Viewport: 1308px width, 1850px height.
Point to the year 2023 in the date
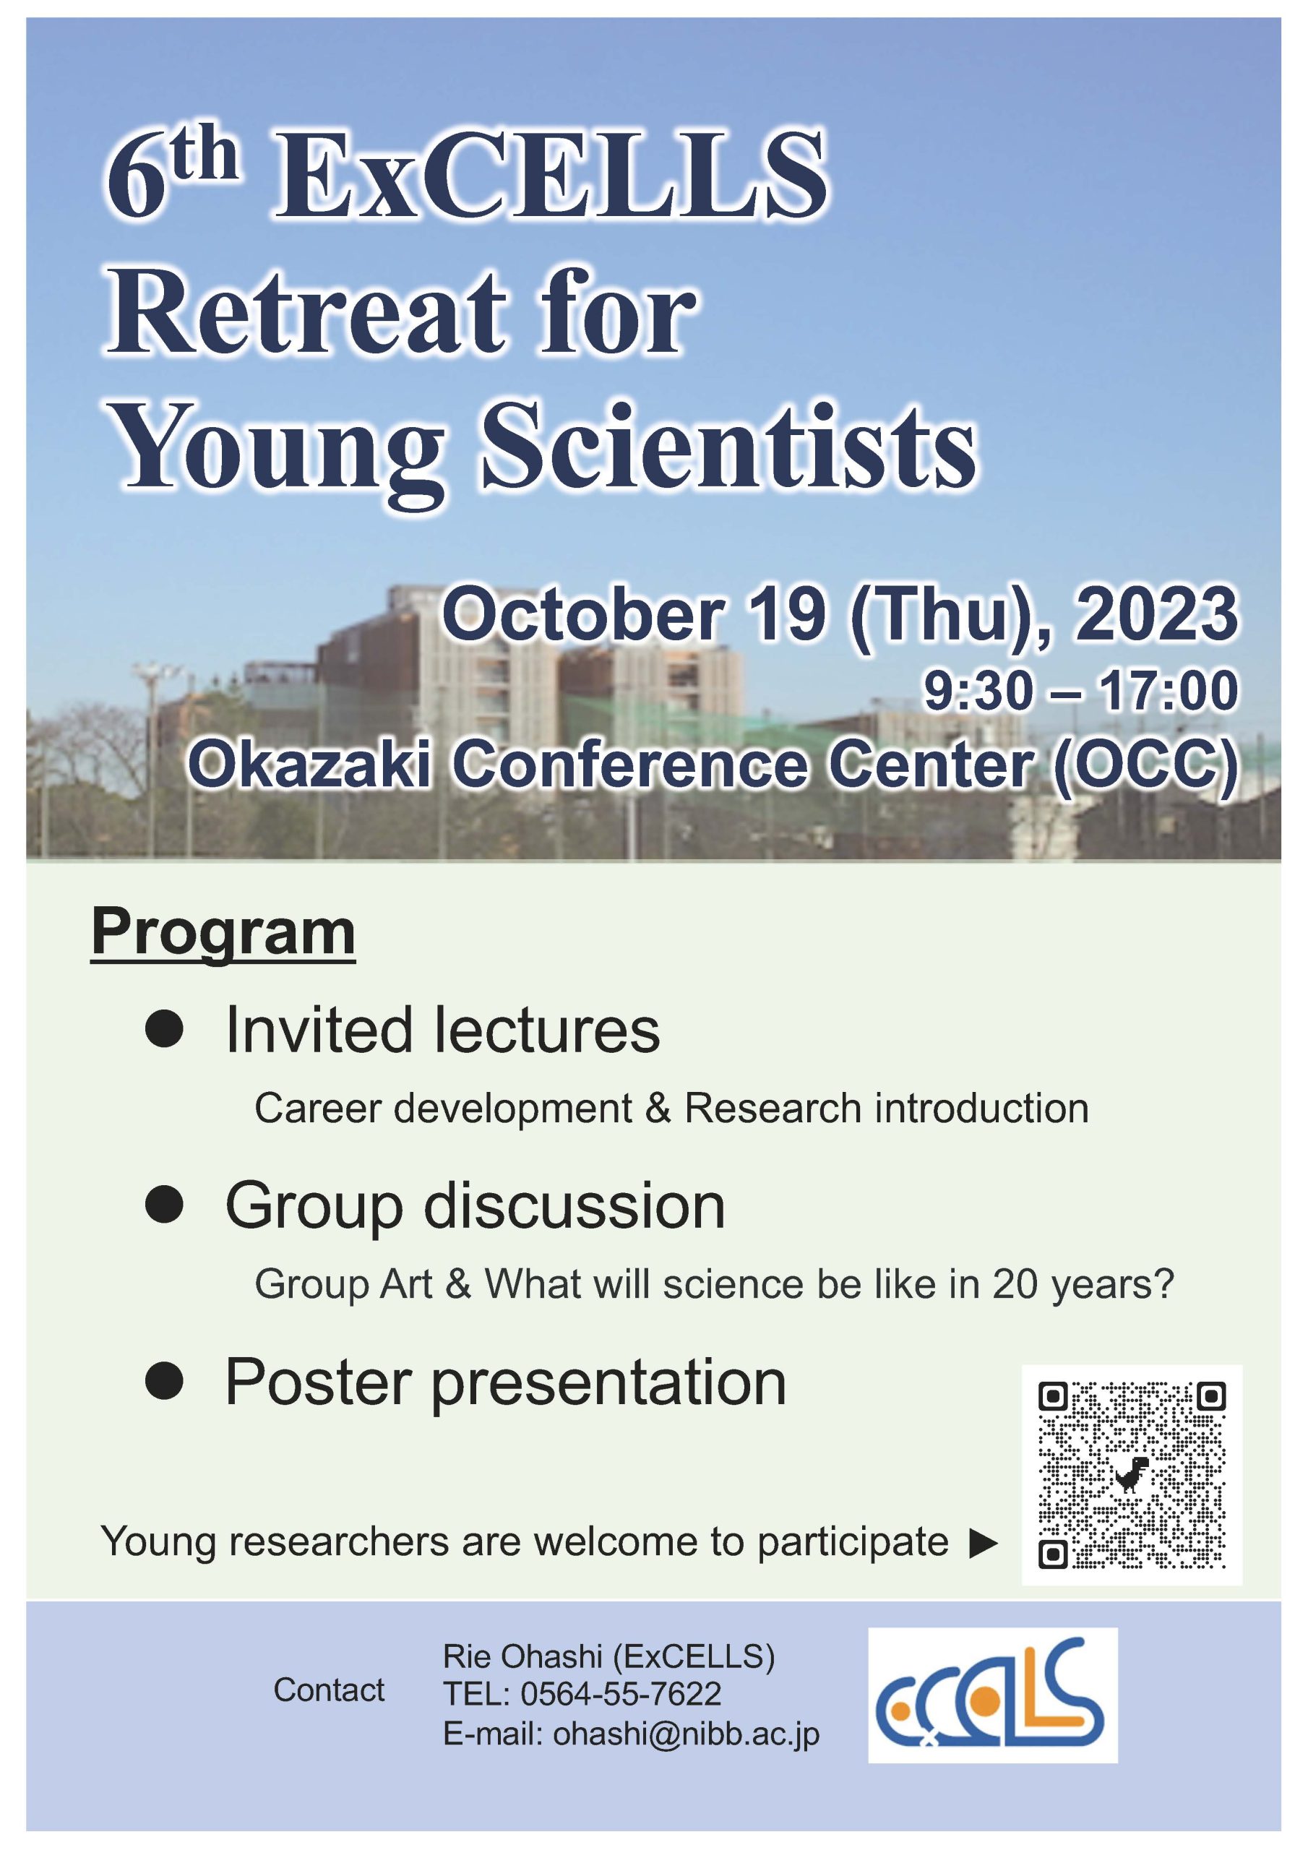tap(1155, 614)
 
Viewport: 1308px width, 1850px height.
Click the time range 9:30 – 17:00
tap(1081, 691)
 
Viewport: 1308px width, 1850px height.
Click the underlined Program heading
tap(223, 933)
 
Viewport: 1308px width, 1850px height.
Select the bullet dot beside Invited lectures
tap(165, 1029)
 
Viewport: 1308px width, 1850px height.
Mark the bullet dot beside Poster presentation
tap(165, 1381)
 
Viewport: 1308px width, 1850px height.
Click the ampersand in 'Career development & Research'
tap(658, 1108)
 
